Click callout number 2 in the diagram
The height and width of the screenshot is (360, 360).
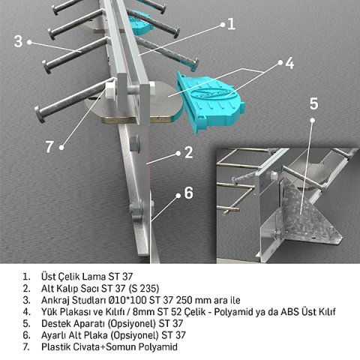click(x=189, y=154)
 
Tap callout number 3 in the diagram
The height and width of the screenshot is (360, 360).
click(x=18, y=40)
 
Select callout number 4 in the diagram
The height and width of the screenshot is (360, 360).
click(x=288, y=63)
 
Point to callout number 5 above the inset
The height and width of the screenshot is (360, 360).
click(x=314, y=103)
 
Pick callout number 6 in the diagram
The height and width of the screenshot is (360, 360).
click(x=188, y=193)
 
